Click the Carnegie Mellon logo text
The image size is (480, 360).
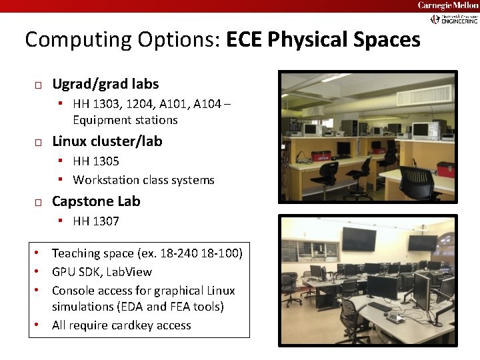coord(447,5)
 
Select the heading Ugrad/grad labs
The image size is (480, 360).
coord(105,84)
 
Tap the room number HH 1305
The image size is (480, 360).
coord(96,161)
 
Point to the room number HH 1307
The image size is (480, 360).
coord(96,221)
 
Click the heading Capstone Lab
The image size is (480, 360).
coord(96,201)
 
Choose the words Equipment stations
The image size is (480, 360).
coord(125,120)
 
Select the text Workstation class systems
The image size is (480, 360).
coord(143,180)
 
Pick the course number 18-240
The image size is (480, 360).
coord(181,253)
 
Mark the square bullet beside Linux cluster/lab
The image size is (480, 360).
coord(39,143)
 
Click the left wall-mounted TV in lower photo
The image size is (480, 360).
coord(359,239)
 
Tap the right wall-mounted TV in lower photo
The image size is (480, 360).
coord(422,243)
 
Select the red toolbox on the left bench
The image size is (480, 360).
coord(322,157)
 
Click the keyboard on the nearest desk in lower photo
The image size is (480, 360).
coord(379,307)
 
